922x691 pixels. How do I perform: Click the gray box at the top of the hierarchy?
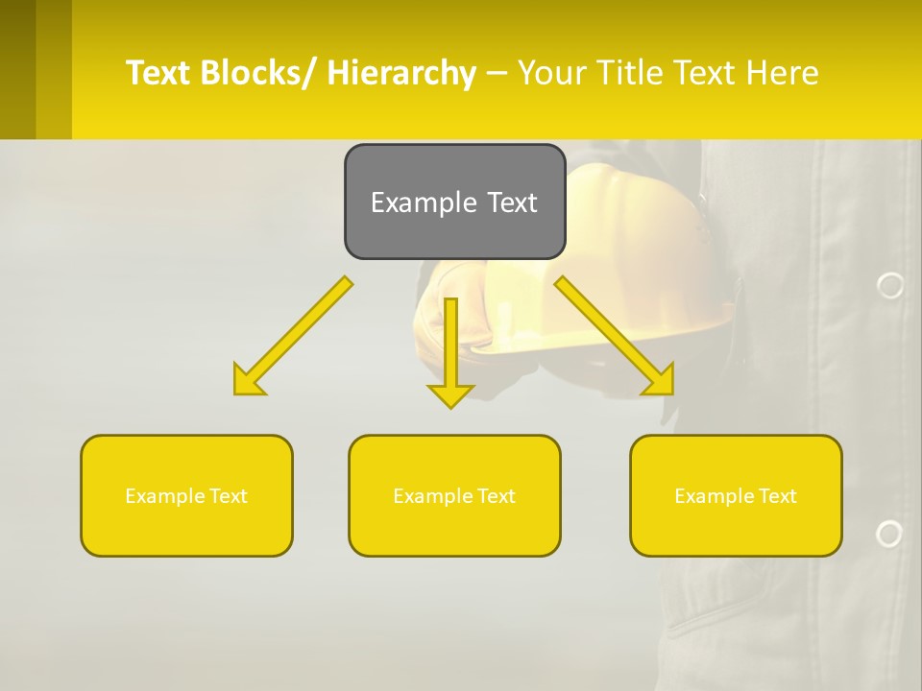tap(454, 202)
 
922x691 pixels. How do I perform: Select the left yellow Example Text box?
tap(186, 495)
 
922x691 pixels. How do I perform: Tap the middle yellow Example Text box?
tap(454, 495)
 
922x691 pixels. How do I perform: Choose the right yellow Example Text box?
tap(736, 495)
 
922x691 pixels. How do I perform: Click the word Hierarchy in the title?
tap(401, 73)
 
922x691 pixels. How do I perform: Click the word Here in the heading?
tap(783, 73)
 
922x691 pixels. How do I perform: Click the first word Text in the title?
tap(158, 73)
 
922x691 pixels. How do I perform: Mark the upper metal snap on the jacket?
tap(890, 285)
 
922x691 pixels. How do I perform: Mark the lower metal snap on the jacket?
tap(889, 534)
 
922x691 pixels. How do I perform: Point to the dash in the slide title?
tap(497, 73)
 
